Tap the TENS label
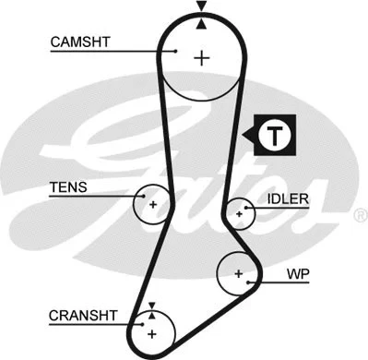pos(68,187)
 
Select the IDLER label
pos(288,198)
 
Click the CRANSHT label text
pos(82,314)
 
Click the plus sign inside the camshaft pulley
pos(201,58)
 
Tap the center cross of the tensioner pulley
pos(153,203)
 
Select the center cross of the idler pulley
pos(239,212)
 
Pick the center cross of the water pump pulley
pos(239,273)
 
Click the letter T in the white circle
pos(276,136)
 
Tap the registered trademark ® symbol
pos(359,214)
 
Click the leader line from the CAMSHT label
pos(129,52)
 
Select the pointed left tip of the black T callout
pos(243,136)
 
